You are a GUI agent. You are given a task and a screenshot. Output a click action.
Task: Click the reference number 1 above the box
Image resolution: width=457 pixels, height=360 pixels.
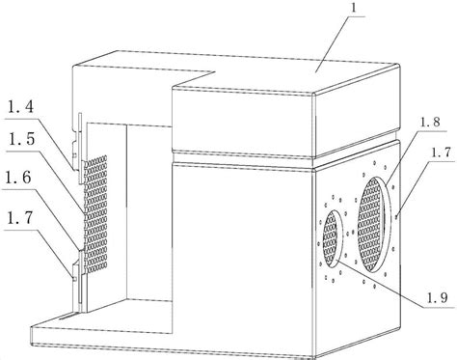[354, 8]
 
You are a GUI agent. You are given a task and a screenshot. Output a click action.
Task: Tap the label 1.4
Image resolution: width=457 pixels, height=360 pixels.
[20, 107]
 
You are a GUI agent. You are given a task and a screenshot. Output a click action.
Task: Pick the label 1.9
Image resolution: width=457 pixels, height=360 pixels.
[437, 297]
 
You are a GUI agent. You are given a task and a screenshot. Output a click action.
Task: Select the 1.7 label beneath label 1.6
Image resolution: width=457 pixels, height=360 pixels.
[19, 219]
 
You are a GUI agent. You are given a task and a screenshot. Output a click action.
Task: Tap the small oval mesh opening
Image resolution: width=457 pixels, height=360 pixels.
[333, 239]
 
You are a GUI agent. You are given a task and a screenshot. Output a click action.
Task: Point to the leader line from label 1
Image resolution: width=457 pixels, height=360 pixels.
[332, 44]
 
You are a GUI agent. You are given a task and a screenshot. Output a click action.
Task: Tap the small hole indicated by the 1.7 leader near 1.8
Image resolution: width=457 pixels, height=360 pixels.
[396, 217]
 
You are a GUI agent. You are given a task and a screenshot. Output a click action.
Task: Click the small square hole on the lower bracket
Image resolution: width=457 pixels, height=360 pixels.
[74, 279]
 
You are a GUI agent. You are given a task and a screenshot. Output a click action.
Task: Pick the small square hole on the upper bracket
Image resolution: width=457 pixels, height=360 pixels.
[75, 155]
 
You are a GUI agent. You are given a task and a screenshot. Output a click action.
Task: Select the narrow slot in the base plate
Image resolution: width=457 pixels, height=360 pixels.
[68, 317]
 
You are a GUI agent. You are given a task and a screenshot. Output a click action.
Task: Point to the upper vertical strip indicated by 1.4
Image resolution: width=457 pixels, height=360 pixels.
[80, 148]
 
